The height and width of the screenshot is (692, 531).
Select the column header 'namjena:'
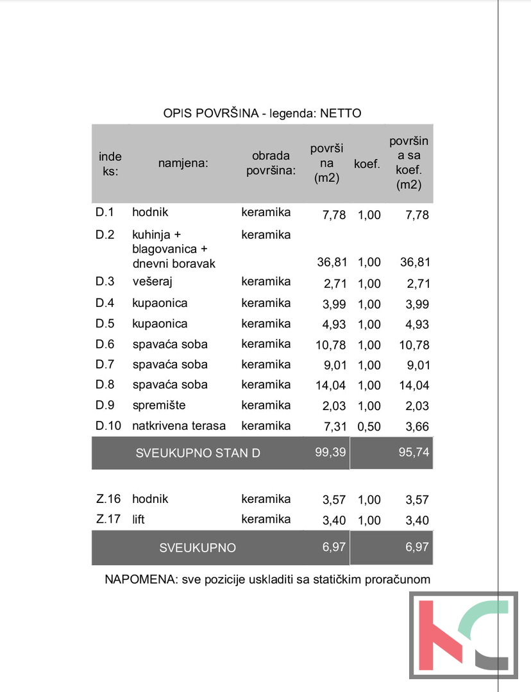coord(183,163)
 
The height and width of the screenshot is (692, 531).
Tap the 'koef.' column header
coord(367,164)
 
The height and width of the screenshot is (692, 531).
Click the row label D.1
coord(105,212)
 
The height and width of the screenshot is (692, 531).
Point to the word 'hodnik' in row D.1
coord(150,212)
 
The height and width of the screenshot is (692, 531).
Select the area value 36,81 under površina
coord(332,262)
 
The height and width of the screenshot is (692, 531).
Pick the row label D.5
coord(105,324)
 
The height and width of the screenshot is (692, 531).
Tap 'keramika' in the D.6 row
coord(265,344)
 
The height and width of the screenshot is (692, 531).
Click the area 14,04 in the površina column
coord(331,386)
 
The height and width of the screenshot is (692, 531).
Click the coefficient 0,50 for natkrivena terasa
coord(369,427)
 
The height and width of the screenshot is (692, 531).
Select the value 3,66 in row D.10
coord(417,427)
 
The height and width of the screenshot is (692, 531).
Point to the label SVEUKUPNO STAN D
coord(198,454)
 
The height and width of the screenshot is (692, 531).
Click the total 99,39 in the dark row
coord(331,452)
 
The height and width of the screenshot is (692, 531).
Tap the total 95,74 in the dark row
coord(414,452)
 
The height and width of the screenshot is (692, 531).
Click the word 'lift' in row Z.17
coord(139,520)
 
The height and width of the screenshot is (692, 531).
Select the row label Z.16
coord(108,499)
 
